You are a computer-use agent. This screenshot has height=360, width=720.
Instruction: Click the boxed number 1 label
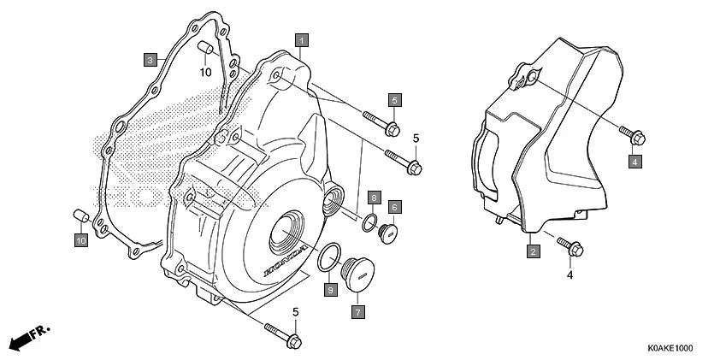point(302,39)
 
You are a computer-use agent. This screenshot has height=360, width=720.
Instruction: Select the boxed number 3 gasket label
point(150,59)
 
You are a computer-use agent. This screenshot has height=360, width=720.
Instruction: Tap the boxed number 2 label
point(532,251)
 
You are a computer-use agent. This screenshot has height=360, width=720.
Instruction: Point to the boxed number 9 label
point(329,292)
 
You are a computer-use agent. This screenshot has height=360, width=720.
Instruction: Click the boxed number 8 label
point(374,198)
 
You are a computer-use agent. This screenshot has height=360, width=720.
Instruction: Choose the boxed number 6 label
point(395,207)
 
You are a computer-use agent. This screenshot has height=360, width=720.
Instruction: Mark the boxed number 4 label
point(636,161)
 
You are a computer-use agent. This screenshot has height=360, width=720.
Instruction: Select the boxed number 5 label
point(395,100)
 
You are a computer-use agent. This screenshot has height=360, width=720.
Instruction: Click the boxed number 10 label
point(81,242)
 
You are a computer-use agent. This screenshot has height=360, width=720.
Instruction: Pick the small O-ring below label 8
point(370,223)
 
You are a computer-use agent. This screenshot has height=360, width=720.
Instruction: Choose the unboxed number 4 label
point(569,275)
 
